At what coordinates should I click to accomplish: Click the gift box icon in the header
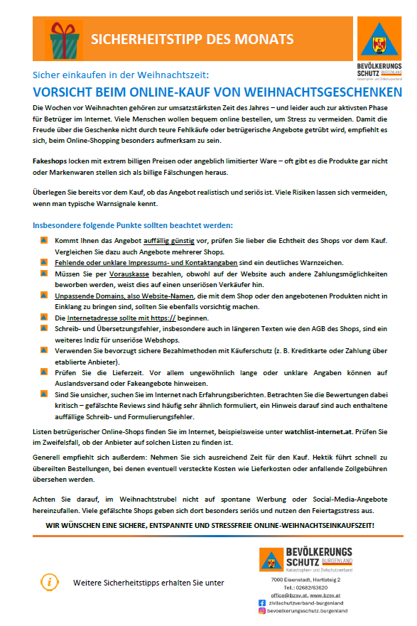click(x=64, y=38)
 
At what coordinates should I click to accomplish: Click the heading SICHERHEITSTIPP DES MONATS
click(x=192, y=38)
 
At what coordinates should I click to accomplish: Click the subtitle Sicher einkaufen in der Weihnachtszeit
click(x=121, y=75)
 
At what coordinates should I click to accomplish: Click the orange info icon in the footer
click(x=49, y=582)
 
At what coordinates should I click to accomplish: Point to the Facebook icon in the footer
click(x=261, y=602)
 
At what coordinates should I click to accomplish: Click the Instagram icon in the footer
click(x=261, y=610)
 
